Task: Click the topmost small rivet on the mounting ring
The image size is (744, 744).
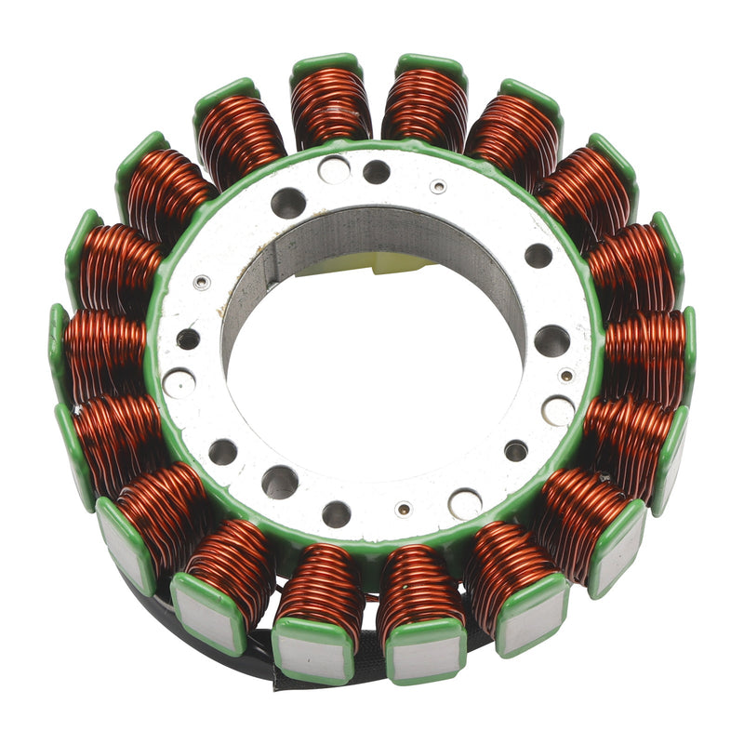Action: point(437,186)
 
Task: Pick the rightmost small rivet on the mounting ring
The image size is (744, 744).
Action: point(566,377)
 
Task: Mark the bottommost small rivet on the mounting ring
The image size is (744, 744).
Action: point(404,510)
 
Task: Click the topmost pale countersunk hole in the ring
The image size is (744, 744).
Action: point(334,169)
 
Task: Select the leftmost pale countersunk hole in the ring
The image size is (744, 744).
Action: point(179,383)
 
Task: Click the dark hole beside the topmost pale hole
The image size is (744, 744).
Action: point(377,172)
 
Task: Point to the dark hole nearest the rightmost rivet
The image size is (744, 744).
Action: point(551,341)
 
